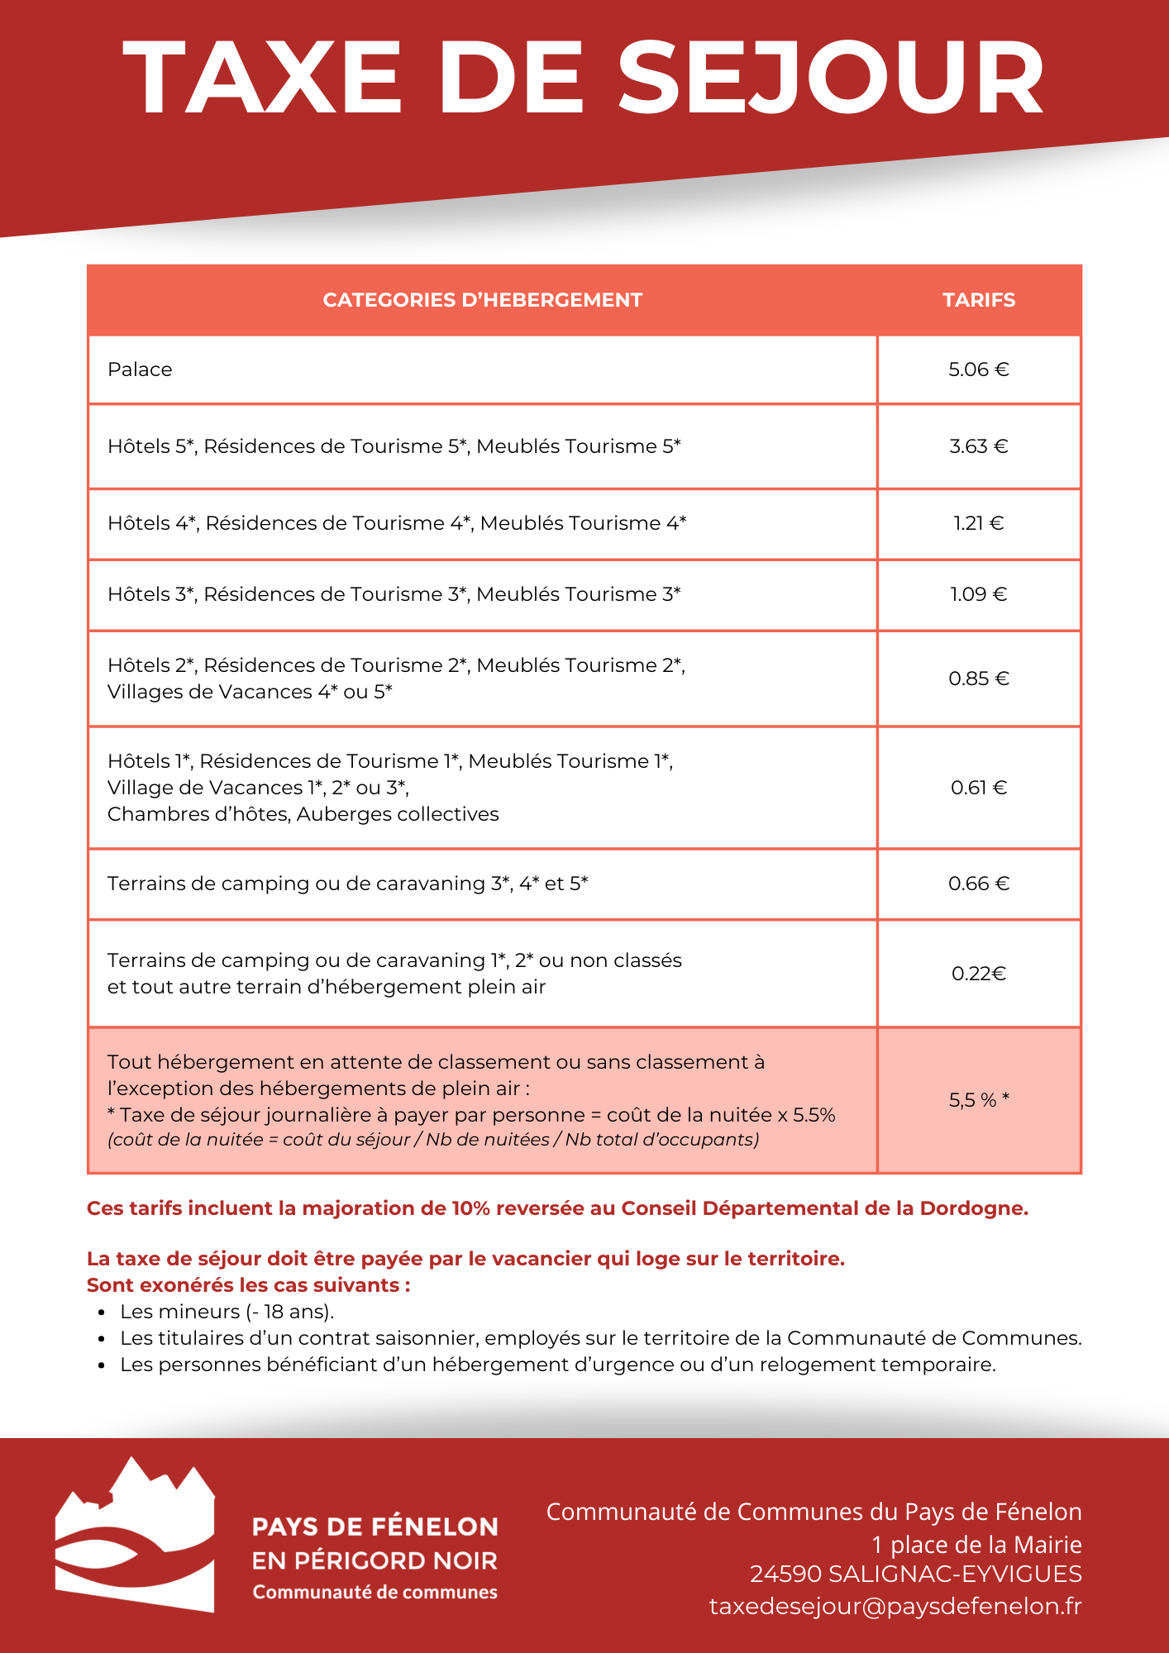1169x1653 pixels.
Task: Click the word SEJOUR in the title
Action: pos(831,79)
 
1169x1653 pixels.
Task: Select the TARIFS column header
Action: pos(979,300)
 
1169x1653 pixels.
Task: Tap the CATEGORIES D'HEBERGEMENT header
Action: pos(482,300)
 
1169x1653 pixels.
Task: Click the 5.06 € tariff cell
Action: pos(979,369)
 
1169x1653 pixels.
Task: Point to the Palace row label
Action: pos(140,369)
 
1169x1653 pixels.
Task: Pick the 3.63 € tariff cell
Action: pos(979,446)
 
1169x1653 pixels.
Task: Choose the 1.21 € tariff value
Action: pos(979,523)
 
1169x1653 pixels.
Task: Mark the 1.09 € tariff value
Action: pos(979,594)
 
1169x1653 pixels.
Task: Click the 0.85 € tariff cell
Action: pos(979,679)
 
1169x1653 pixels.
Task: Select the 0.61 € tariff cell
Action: pos(979,788)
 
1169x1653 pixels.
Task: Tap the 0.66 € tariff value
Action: pos(979,884)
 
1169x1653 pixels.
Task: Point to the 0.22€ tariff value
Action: pos(979,974)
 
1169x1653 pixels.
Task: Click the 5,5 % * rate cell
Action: pos(979,1100)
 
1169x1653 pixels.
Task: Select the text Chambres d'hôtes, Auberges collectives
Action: pos(303,814)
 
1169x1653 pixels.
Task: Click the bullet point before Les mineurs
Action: pos(102,1312)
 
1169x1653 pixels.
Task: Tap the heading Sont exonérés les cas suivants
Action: pos(248,1285)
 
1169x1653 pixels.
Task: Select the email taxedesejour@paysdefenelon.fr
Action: pos(895,1606)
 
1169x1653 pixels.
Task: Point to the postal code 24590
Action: pos(785,1574)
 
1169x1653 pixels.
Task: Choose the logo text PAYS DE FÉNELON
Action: pos(375,1527)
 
